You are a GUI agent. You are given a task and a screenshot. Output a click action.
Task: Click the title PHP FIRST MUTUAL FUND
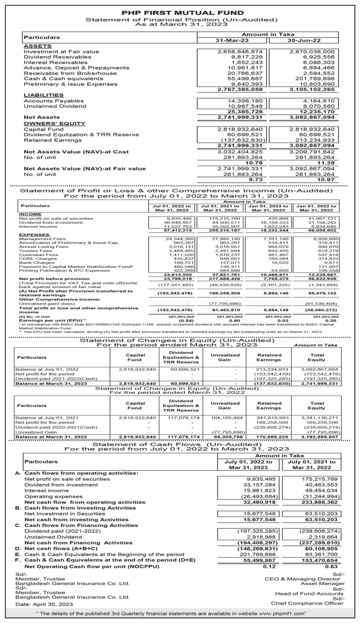pos(180,11)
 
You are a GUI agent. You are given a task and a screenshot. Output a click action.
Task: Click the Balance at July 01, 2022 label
pos(47,369)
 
